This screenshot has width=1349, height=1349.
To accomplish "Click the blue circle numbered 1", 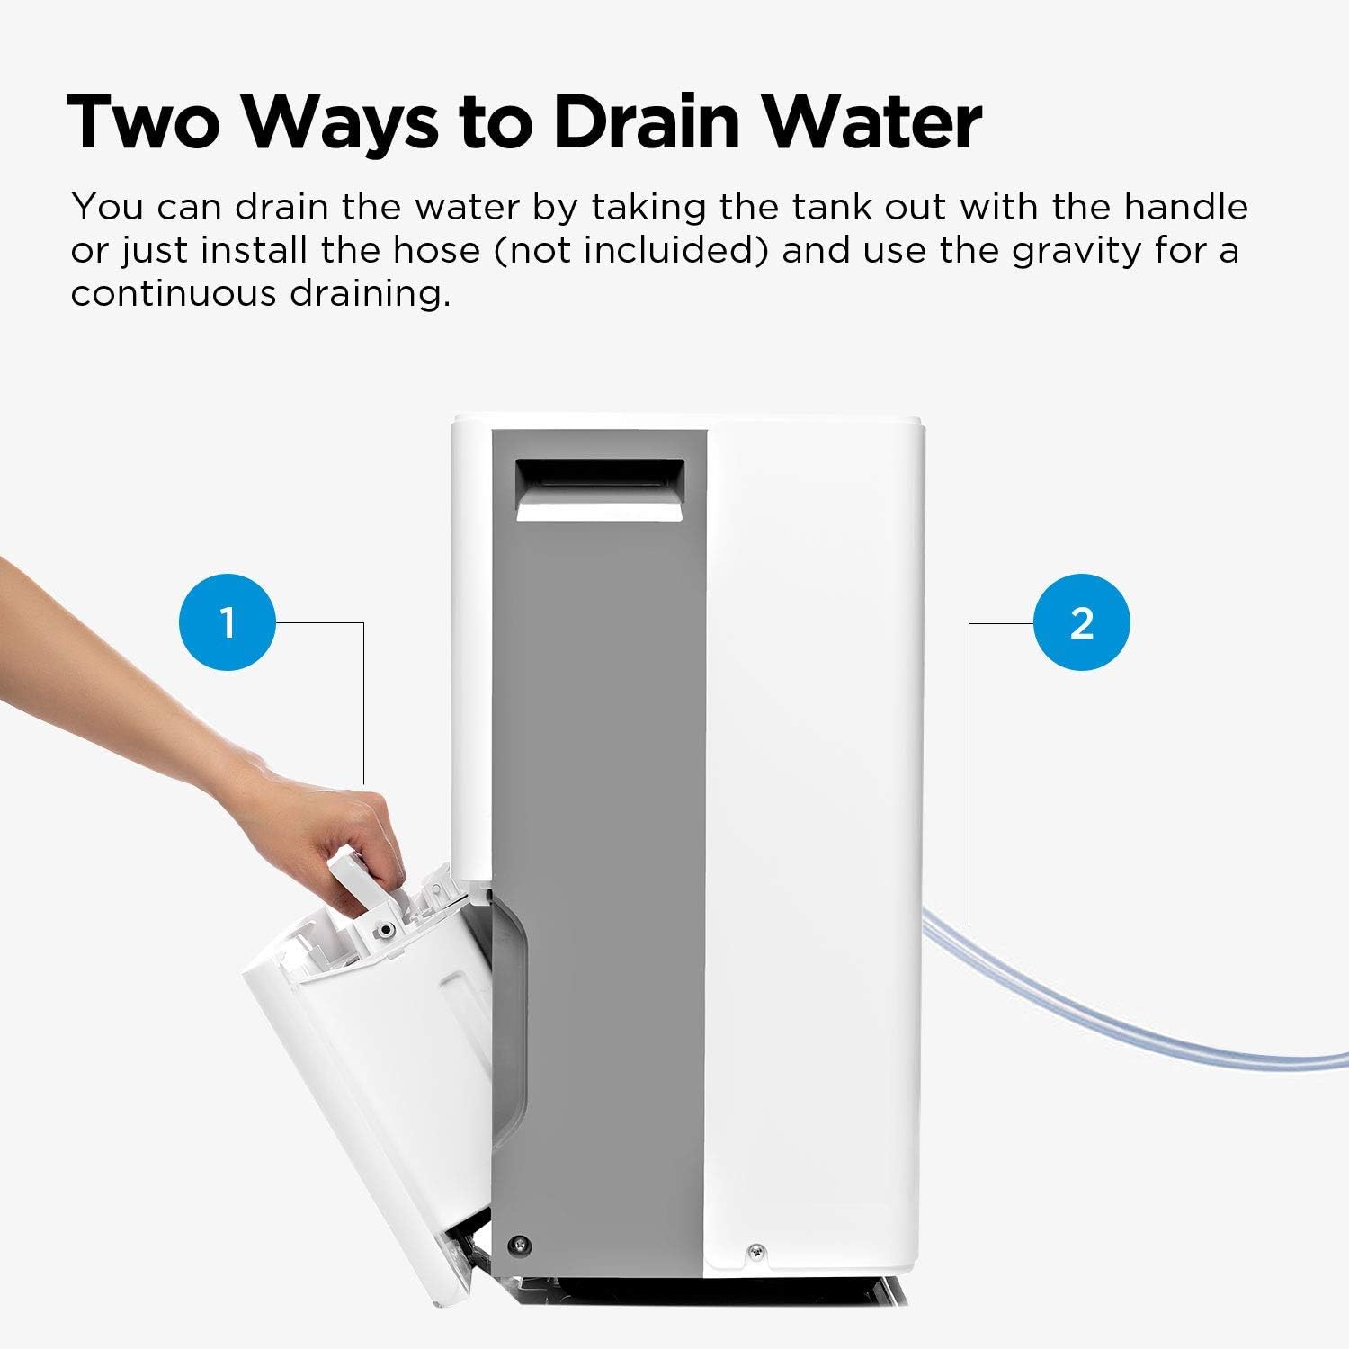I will [228, 622].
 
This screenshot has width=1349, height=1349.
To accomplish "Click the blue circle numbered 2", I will [1081, 622].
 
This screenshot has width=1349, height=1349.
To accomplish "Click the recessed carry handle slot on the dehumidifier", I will [598, 490].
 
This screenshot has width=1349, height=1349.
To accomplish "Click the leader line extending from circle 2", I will [969, 764].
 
